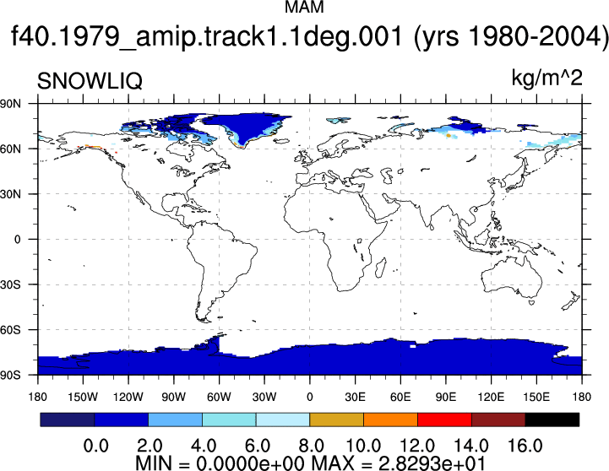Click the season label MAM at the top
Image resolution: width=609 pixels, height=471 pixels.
(x=304, y=8)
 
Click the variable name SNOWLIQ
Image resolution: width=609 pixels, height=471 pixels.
(x=90, y=81)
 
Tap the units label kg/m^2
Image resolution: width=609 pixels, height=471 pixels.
(x=546, y=78)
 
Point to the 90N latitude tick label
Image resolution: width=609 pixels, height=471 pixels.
(x=11, y=104)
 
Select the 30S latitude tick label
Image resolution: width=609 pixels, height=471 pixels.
(x=11, y=284)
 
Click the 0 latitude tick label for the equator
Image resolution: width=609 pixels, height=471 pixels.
(x=17, y=240)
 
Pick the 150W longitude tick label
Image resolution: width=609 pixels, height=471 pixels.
(x=83, y=397)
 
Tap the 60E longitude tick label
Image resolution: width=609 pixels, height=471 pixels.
(x=400, y=397)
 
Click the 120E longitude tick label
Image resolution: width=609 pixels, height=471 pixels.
(x=491, y=397)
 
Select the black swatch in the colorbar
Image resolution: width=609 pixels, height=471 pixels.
(x=552, y=420)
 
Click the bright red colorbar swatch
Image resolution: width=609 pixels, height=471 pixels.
(x=444, y=420)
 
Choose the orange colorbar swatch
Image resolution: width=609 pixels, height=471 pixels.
(x=391, y=420)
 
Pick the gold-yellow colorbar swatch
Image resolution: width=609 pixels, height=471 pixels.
(x=337, y=420)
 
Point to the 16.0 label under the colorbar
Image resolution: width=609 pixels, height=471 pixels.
(x=525, y=446)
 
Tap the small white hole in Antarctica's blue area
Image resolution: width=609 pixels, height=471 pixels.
(x=412, y=346)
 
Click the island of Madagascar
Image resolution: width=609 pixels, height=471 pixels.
(x=381, y=268)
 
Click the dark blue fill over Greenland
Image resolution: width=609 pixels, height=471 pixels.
(x=244, y=126)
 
